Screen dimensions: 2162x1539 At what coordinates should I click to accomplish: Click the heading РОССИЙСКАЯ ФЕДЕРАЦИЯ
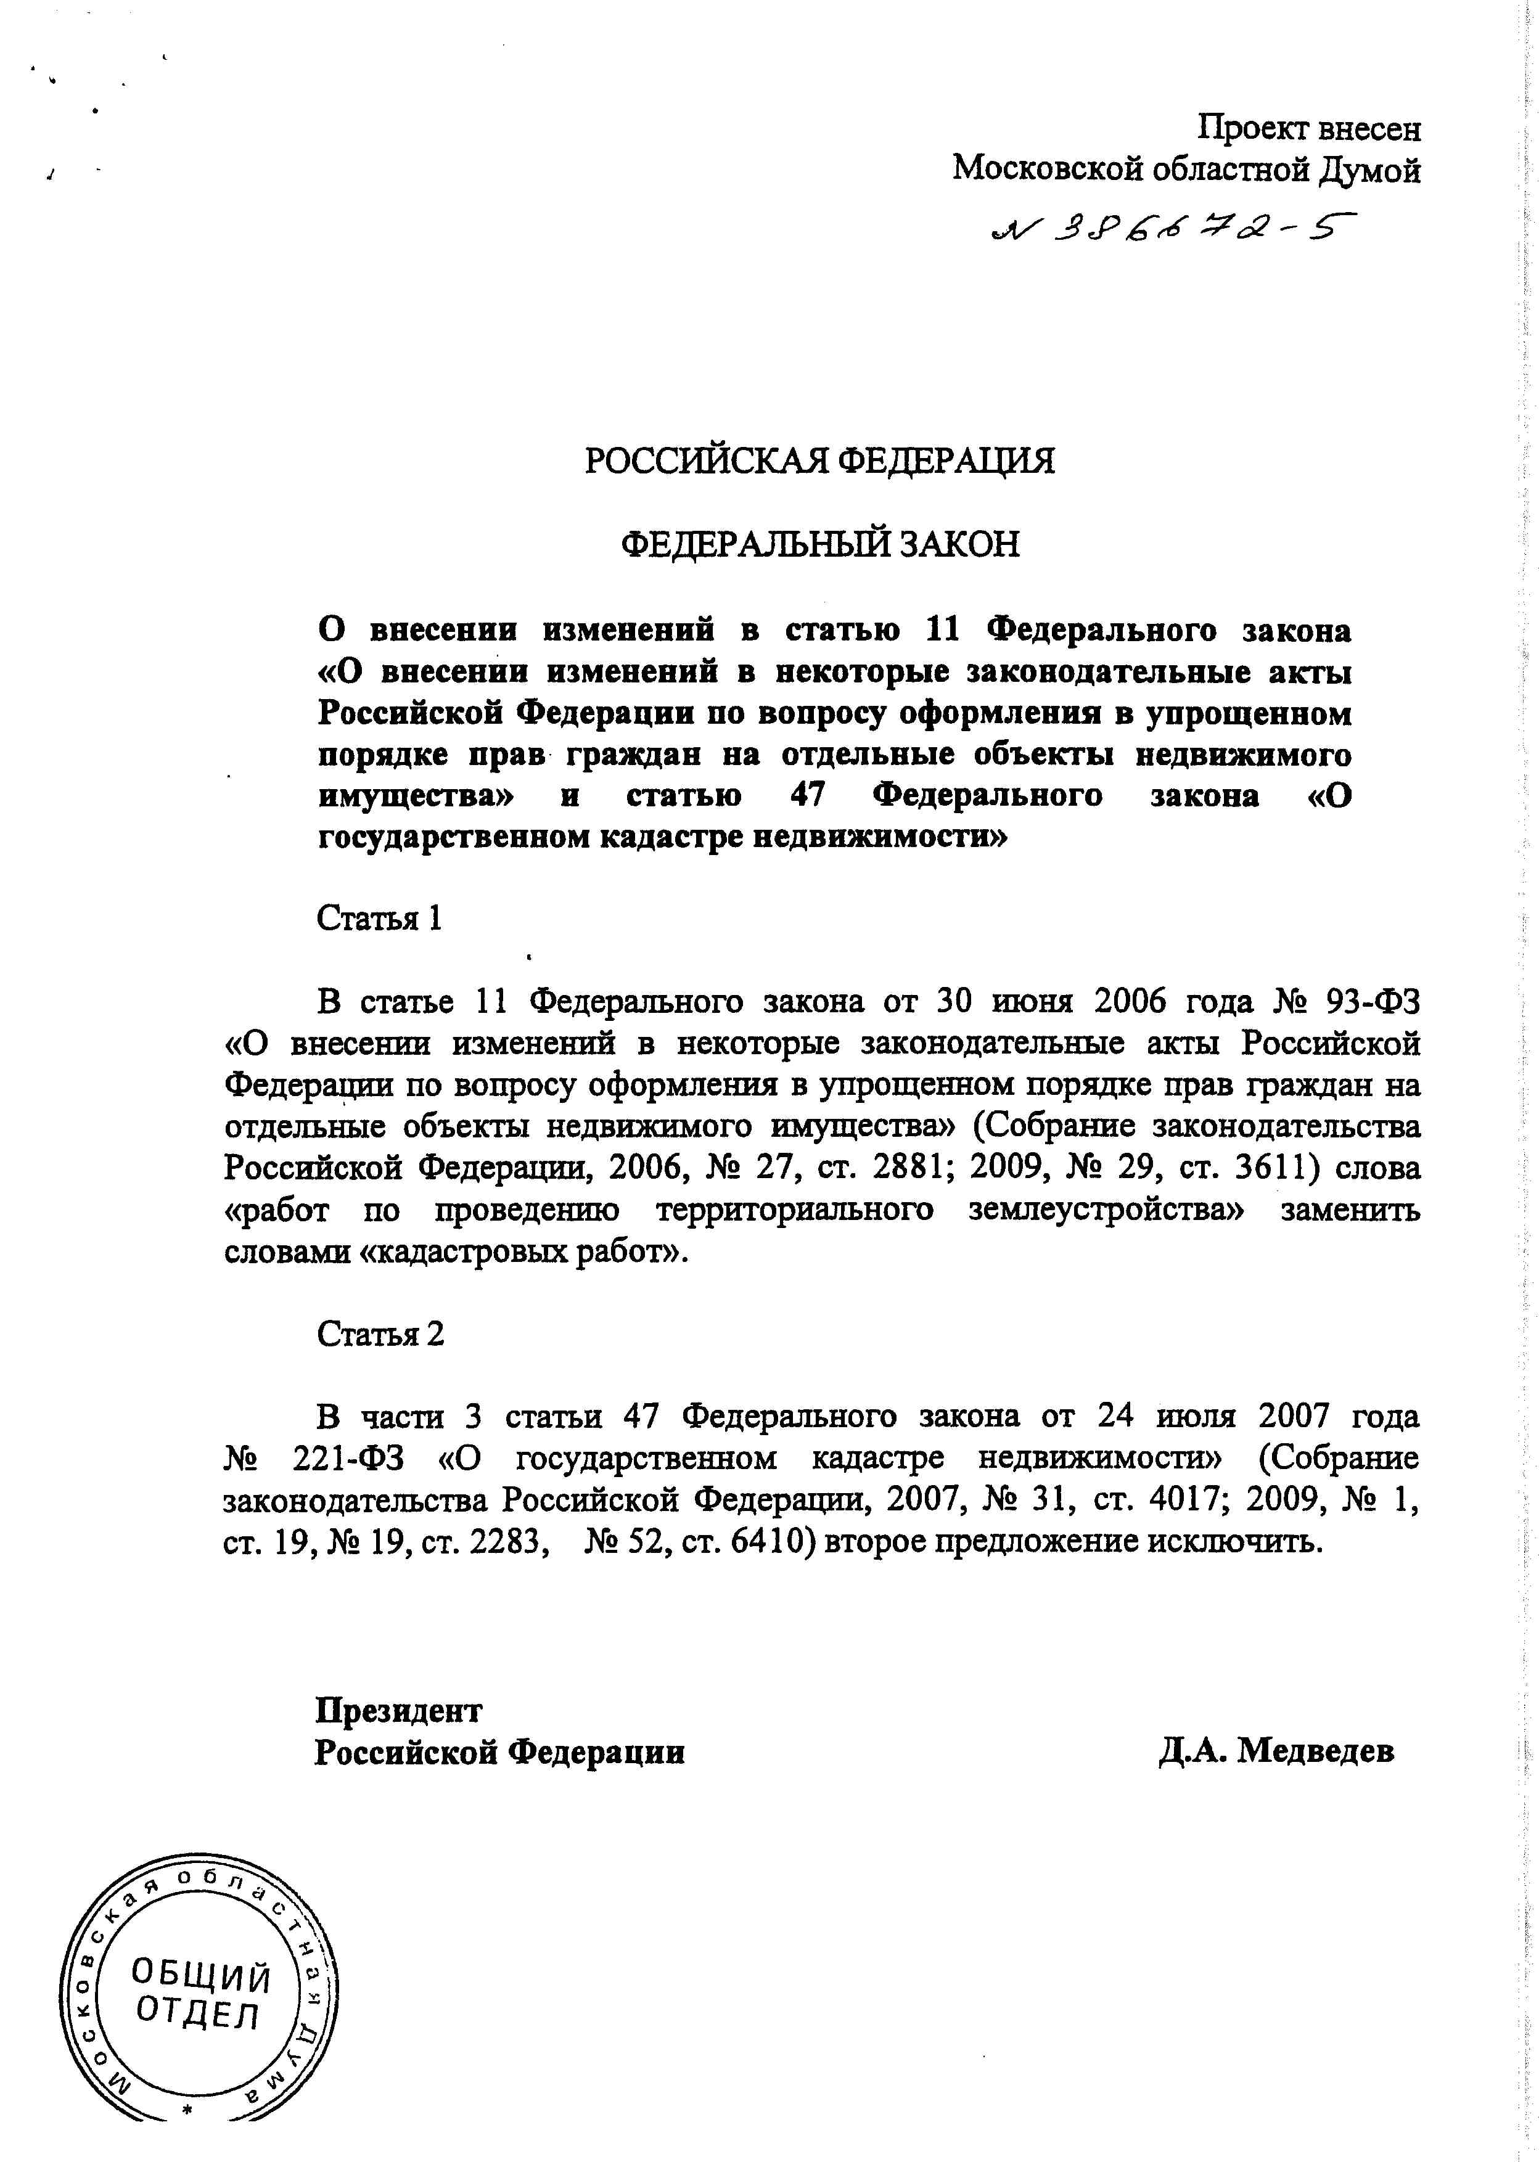[x=819, y=461]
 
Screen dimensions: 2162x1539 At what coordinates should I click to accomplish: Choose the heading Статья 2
[x=380, y=1334]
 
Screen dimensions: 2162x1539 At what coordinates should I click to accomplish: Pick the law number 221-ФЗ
[x=348, y=1459]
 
